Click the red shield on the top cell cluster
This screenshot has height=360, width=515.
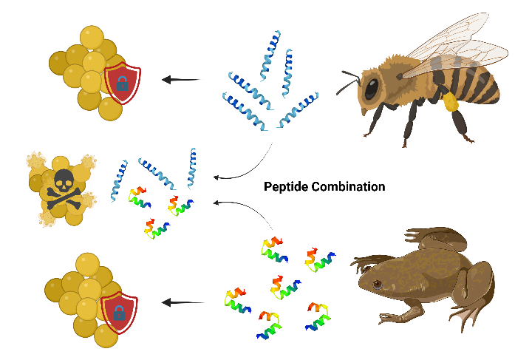(x=122, y=82)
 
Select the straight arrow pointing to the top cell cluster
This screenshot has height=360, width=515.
(x=182, y=79)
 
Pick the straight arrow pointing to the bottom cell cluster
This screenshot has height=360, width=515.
(x=182, y=302)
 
